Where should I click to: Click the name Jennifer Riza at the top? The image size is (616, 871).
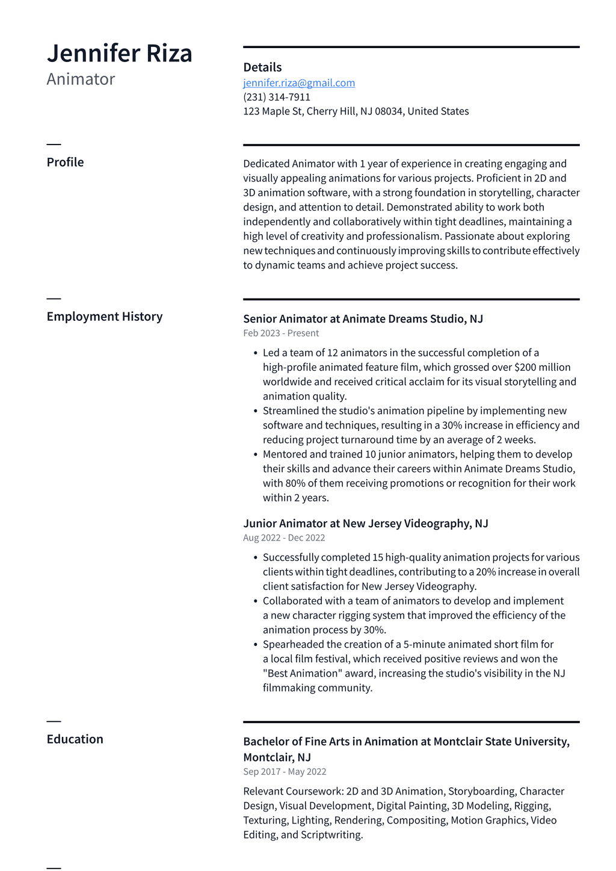click(119, 54)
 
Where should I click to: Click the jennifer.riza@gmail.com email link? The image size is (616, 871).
click(299, 83)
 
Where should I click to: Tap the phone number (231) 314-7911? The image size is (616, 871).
click(277, 97)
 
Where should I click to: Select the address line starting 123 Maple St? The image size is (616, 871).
click(356, 111)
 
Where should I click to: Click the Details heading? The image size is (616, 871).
click(262, 67)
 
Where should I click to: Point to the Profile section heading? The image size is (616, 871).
click(65, 163)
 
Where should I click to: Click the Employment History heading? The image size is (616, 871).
click(105, 317)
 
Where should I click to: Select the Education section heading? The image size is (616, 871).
click(75, 739)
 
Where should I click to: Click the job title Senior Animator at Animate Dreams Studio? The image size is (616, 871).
click(363, 319)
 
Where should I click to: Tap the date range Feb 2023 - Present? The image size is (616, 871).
click(281, 333)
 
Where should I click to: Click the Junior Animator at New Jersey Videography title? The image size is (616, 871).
click(365, 524)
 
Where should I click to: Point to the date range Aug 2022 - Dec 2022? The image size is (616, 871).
click(284, 538)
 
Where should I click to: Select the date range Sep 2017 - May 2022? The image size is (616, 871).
click(285, 772)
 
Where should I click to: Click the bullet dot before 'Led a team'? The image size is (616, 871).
click(256, 353)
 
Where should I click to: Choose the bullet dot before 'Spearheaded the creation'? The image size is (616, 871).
click(256, 645)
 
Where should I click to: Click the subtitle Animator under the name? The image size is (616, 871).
click(81, 79)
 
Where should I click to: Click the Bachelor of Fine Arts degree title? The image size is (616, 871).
click(406, 742)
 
